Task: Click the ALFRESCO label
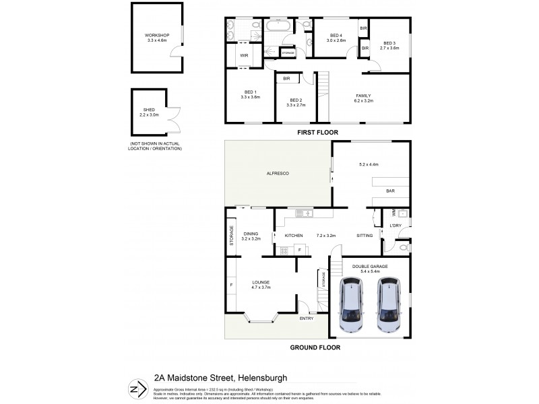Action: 278,174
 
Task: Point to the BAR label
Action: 390,191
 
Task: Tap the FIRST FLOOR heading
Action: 317,133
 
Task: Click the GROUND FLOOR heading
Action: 315,347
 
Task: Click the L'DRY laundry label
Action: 395,226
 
